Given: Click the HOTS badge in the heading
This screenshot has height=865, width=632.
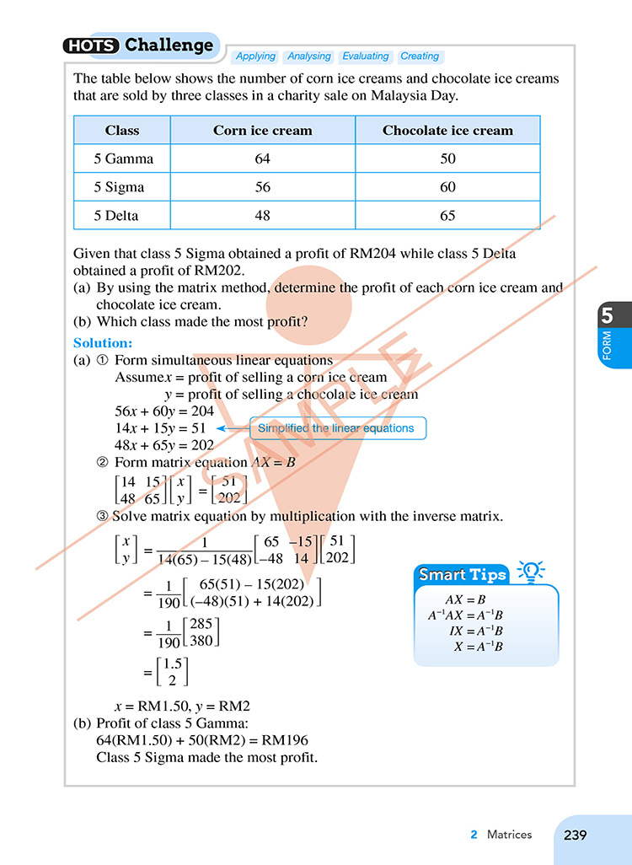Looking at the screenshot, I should click(x=92, y=46).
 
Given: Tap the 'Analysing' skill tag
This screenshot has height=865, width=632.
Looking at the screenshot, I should click(x=308, y=56).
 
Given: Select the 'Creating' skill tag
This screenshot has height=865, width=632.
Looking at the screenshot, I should click(x=420, y=56).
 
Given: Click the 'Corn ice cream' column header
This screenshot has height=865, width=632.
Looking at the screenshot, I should click(x=262, y=131).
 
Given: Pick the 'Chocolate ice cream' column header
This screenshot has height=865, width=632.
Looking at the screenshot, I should click(x=447, y=131).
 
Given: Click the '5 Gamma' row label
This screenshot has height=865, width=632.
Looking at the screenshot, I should click(x=122, y=158).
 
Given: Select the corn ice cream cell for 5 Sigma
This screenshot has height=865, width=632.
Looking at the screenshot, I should click(x=262, y=187).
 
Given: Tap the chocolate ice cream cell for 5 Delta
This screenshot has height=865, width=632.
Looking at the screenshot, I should click(x=447, y=216).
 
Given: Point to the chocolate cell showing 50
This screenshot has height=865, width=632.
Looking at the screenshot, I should click(x=447, y=158).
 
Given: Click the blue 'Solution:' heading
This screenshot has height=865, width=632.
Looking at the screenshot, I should click(x=103, y=343).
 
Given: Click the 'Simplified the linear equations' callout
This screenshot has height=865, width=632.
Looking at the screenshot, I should click(x=336, y=428).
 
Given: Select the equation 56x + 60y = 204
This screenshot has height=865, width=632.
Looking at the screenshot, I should click(x=164, y=411).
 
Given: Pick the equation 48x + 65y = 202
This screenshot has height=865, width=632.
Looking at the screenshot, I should click(x=164, y=445).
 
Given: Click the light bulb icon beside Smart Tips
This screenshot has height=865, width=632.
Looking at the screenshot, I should click(x=530, y=572).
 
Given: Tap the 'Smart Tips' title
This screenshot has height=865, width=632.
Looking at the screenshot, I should click(x=463, y=575).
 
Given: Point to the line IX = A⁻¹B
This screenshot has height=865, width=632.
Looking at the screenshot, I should click(x=476, y=631).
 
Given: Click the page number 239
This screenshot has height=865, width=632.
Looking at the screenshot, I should click(x=575, y=835).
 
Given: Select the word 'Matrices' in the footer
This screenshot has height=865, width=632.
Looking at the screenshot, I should click(x=509, y=835).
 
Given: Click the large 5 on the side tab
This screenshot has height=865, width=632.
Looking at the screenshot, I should click(x=607, y=317).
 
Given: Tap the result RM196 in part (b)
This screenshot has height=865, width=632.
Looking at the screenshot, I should click(x=284, y=740).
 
